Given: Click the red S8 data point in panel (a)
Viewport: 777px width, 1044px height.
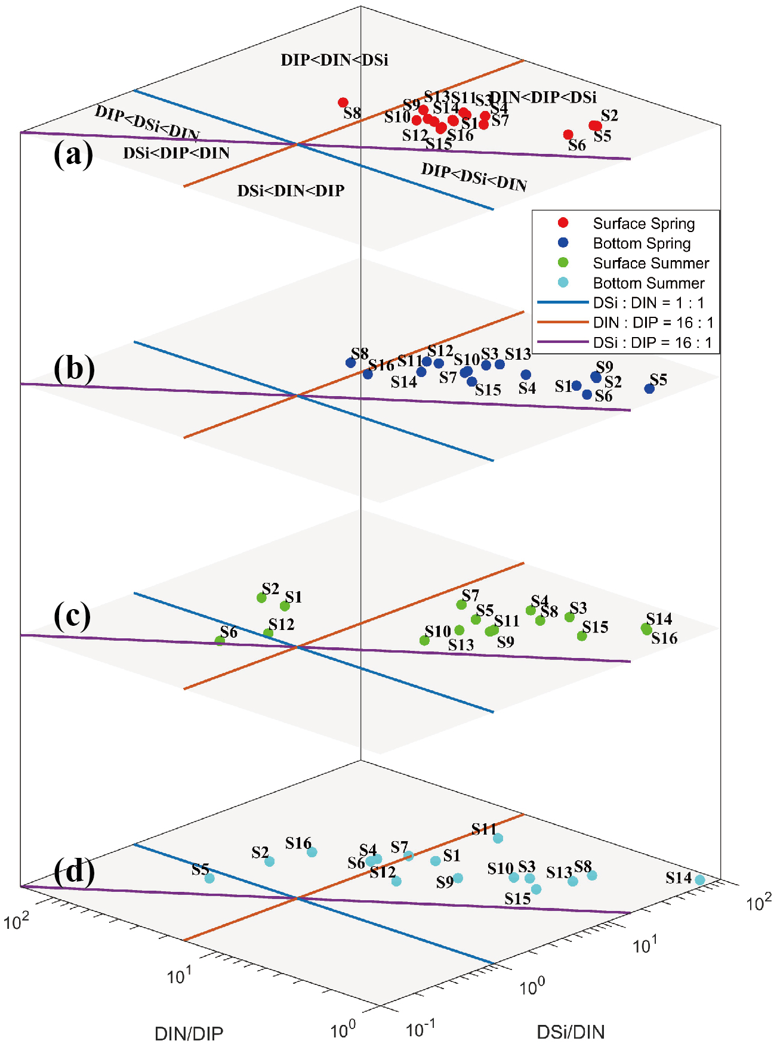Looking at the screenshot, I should tap(343, 103).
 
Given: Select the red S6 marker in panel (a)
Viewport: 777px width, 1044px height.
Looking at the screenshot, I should tap(568, 135).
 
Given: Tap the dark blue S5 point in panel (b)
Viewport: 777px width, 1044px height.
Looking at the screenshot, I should tap(649, 388).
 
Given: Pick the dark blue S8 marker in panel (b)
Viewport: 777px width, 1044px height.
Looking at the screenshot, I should tap(351, 363).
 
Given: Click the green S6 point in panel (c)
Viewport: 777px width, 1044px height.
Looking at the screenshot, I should tap(220, 641).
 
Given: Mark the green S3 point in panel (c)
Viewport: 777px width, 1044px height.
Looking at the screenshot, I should tap(569, 617).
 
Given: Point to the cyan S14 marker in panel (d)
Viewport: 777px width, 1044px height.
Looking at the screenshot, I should tap(699, 880).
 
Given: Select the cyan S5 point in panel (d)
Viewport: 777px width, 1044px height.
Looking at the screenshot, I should tap(209, 878).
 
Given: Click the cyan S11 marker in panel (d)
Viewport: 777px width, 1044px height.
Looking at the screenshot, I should tap(498, 838).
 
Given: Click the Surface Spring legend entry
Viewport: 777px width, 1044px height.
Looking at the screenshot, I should tap(643, 223).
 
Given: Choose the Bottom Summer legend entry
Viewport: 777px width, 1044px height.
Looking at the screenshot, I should tap(648, 283).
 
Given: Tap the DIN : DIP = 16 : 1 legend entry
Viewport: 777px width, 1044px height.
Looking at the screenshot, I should tap(653, 323).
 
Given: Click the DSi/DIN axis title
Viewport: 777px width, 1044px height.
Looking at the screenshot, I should tap(571, 1031).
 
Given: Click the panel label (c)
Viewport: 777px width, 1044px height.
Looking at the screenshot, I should tap(72, 616).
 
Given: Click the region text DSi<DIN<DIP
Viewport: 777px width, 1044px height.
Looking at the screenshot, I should tap(291, 191).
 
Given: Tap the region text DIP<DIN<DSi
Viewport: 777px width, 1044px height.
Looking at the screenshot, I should tap(334, 60).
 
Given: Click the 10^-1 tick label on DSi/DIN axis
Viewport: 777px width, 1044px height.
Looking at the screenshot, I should tap(420, 1028).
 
